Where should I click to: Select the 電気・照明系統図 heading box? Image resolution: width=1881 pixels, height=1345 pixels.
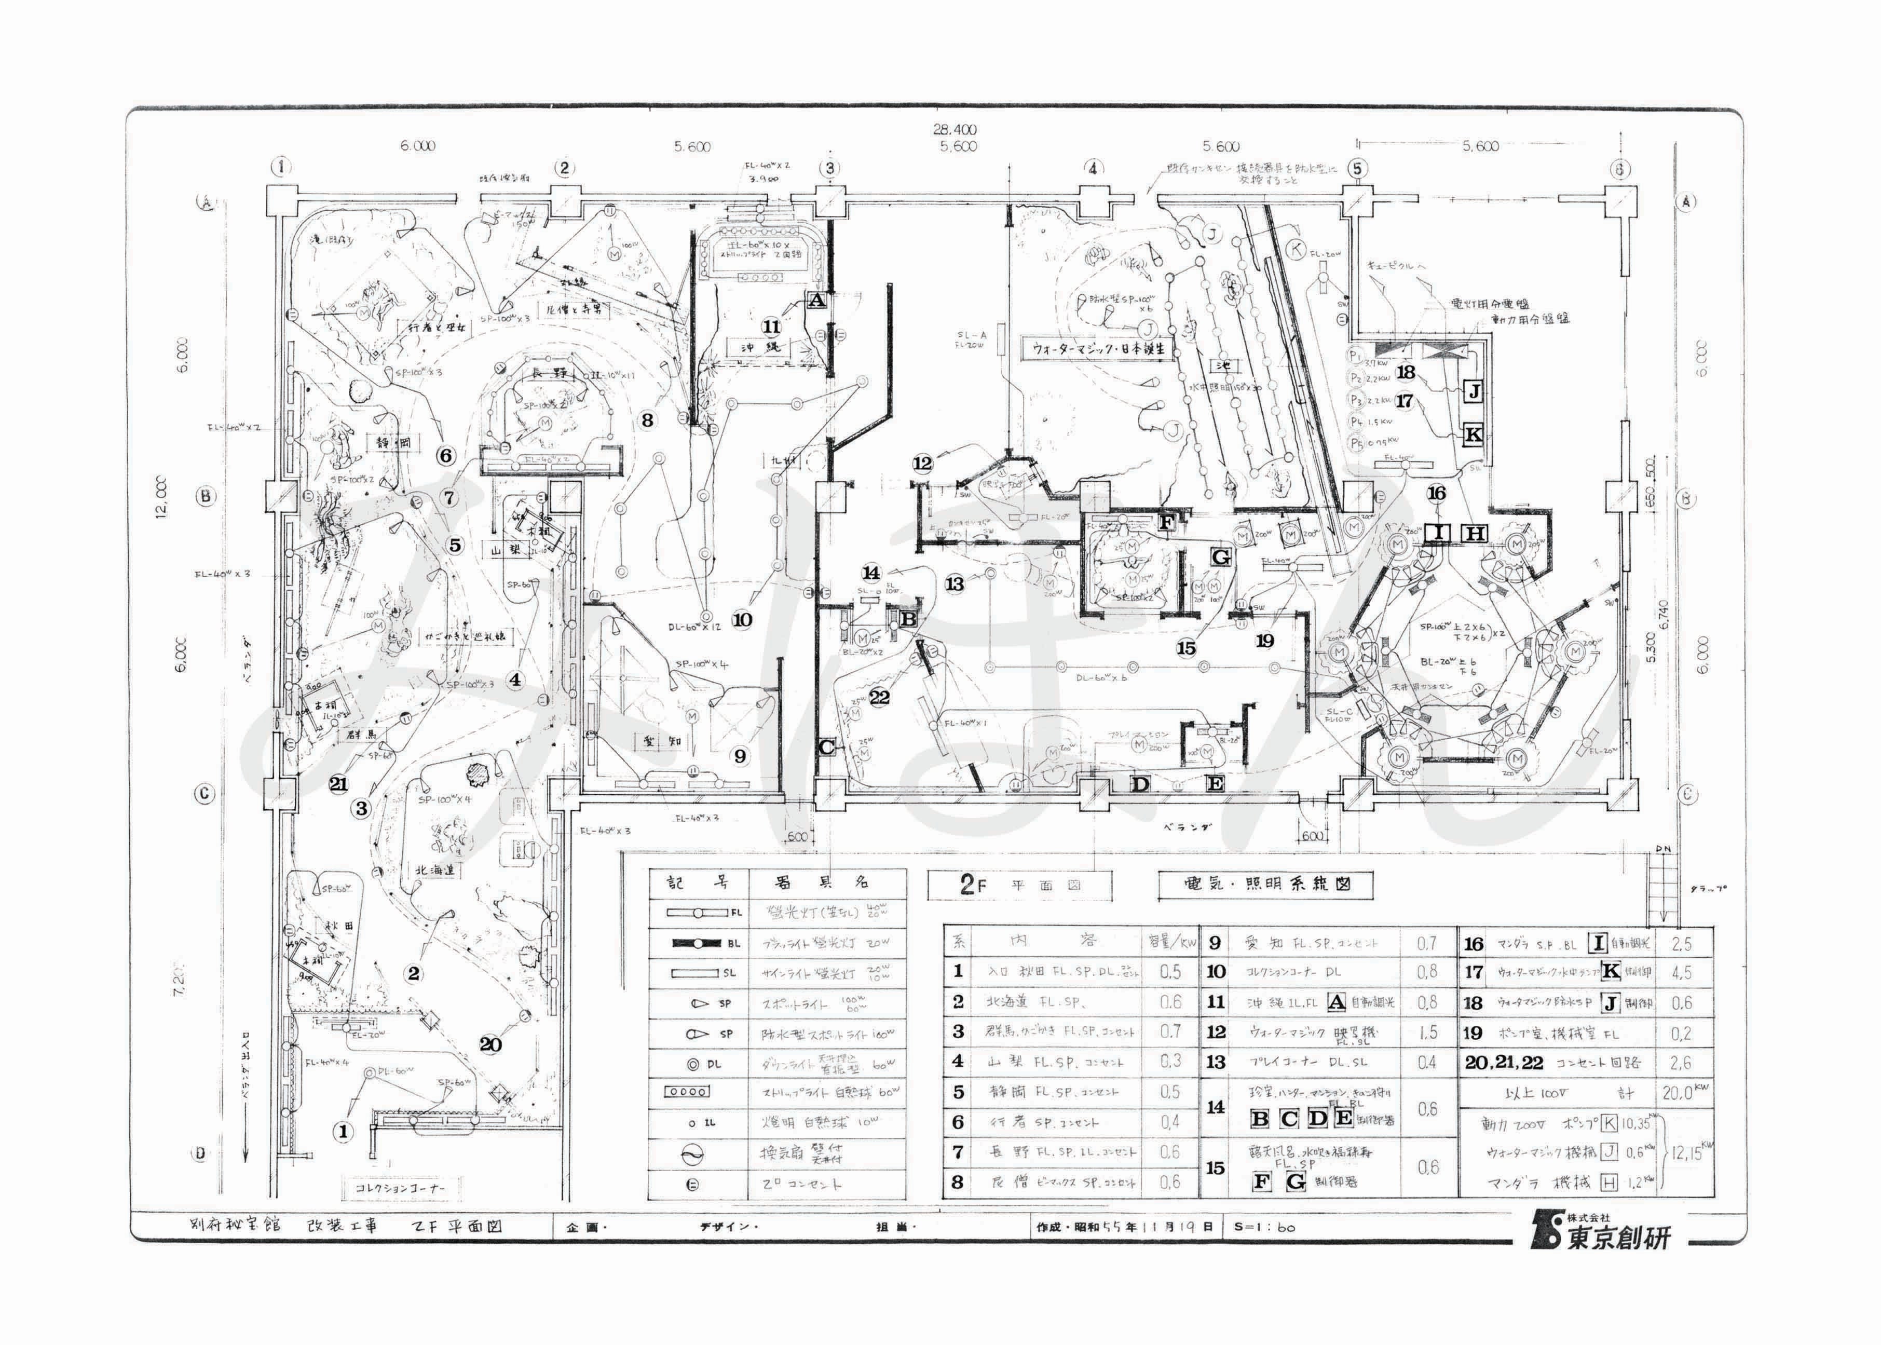(1266, 884)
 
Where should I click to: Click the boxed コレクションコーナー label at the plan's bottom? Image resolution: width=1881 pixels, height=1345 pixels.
(400, 1188)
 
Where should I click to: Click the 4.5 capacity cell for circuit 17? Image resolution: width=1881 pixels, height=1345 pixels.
(1682, 972)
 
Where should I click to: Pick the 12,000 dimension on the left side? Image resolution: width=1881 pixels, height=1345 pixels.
(160, 497)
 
